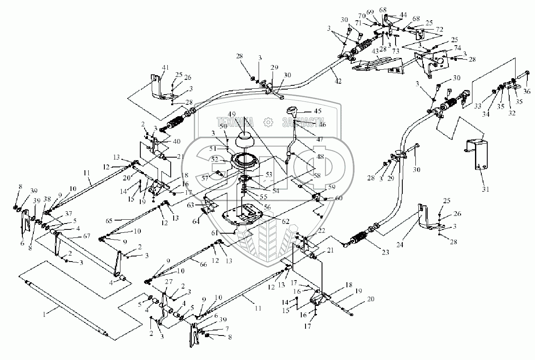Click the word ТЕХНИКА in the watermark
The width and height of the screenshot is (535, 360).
[x=235, y=122]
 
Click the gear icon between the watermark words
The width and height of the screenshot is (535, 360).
[x=267, y=122]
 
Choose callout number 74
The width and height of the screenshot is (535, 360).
[x=445, y=47]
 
